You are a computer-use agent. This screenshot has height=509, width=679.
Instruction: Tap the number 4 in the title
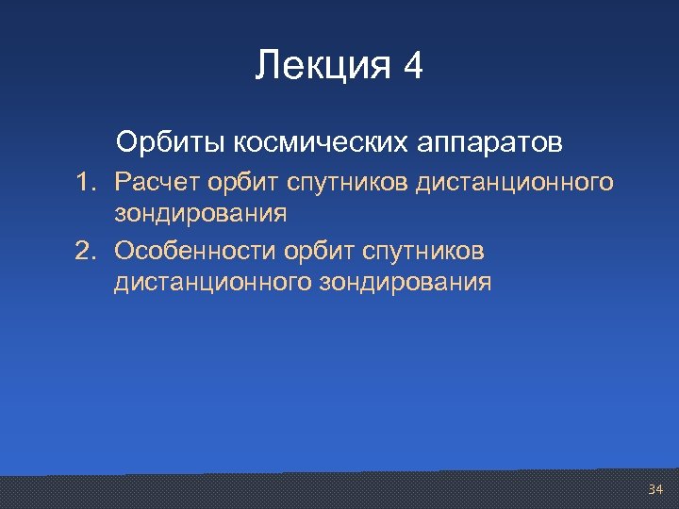[413, 67]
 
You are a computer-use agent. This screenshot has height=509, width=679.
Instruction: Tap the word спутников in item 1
[343, 182]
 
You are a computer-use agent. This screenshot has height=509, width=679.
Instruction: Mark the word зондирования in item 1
[201, 214]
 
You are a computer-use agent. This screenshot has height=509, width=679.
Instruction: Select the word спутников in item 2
[433, 250]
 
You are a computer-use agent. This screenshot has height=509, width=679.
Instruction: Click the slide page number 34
[655, 489]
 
